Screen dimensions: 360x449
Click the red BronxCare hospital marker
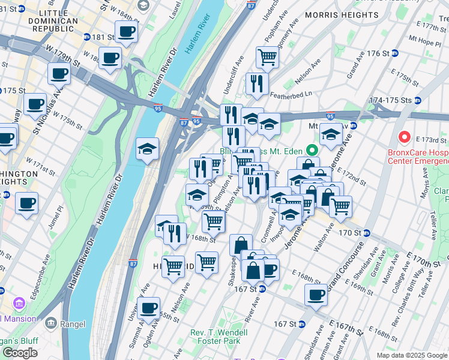click(x=405, y=137)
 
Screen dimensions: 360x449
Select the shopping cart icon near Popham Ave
click(x=267, y=57)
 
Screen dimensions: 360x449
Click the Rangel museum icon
click(x=50, y=323)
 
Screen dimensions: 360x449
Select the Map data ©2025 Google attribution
click(x=411, y=355)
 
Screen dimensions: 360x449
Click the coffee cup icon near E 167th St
click(x=316, y=295)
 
